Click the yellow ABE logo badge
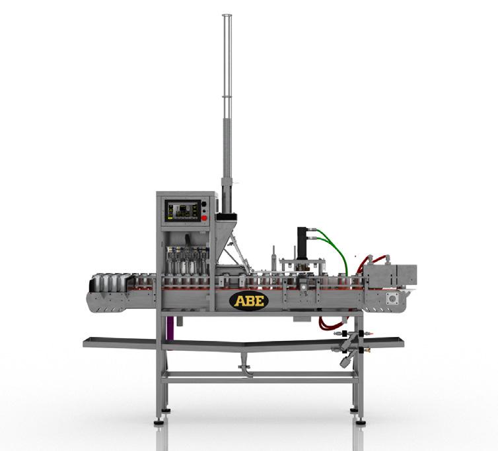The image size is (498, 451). point(249,301)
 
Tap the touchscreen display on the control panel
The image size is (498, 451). point(182,210)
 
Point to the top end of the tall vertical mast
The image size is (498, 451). point(227,15)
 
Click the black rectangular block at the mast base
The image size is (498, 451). point(226,217)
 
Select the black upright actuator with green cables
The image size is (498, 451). point(302,242)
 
